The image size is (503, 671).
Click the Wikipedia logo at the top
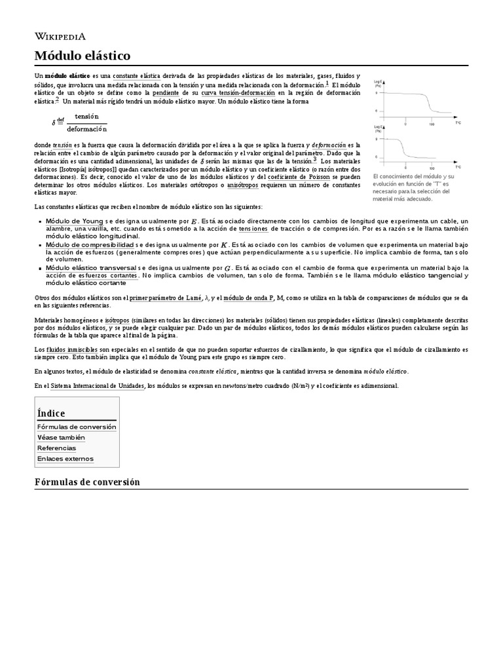60,36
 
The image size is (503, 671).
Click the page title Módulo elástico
82,55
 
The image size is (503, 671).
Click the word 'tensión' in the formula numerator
86,116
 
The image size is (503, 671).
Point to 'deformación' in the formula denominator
86,128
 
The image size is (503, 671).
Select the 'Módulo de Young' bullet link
74,221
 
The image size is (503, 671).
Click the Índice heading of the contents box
51,413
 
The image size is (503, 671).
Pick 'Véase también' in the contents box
61,437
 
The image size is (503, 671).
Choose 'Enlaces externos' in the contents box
65,459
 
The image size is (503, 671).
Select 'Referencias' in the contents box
56,448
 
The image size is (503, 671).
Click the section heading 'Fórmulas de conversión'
87,482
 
